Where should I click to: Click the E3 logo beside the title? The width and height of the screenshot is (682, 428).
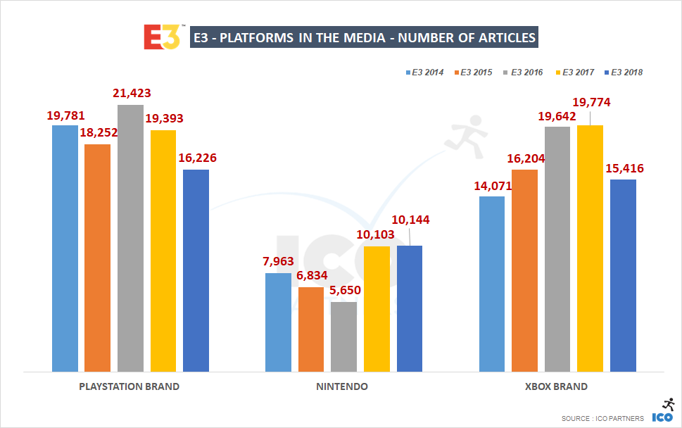pos(162,37)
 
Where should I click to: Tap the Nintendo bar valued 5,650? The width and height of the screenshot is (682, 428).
pos(343,336)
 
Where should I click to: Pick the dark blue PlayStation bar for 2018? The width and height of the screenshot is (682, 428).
pos(196,270)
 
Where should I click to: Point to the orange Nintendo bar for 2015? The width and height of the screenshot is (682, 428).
pos(311,329)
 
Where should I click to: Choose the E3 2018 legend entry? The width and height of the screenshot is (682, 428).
pos(626,72)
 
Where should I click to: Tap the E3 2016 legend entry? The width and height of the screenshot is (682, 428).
pos(526,72)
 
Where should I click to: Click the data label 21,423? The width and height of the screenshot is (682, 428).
pos(132,94)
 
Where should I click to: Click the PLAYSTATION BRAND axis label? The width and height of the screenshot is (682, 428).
pos(130,386)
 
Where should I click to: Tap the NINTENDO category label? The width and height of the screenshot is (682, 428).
pos(343,386)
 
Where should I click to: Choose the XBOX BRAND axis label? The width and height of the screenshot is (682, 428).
pos(556,386)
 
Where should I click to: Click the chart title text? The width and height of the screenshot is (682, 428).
pos(365,37)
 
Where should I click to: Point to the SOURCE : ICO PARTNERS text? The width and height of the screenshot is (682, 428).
pos(602,419)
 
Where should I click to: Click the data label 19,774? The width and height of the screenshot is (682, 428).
pos(591,103)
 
